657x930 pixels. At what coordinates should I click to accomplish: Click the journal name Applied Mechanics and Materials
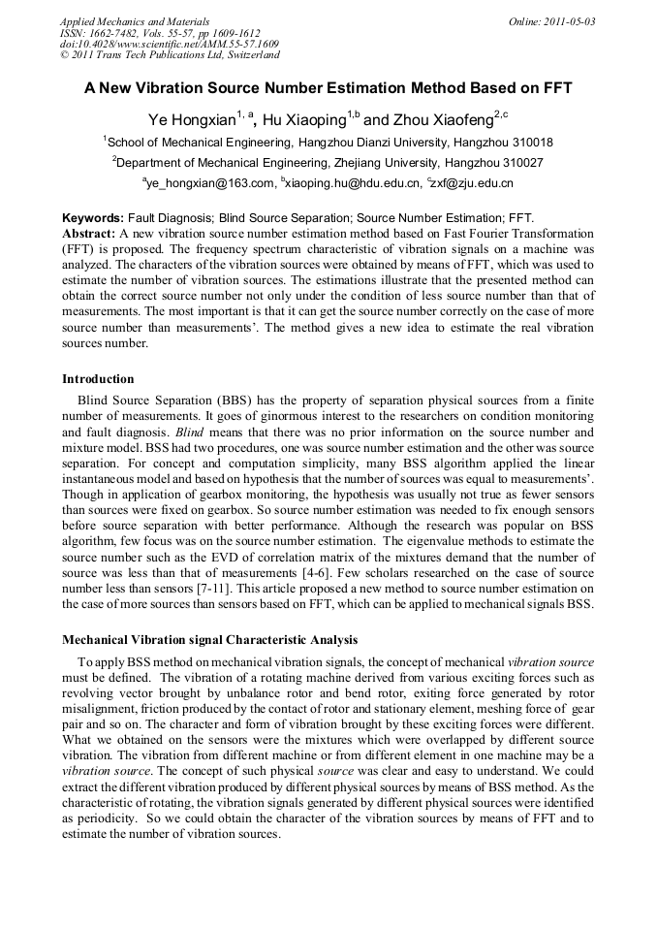pyautogui.click(x=135, y=21)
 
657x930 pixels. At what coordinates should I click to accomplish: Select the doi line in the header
pyautogui.click(x=170, y=44)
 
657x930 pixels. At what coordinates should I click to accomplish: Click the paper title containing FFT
pyautogui.click(x=328, y=87)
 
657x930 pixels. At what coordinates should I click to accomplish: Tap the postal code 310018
pyautogui.click(x=531, y=142)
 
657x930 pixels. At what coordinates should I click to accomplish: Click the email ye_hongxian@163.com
pyautogui.click(x=212, y=182)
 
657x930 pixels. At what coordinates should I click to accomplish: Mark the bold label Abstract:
pyautogui.click(x=89, y=234)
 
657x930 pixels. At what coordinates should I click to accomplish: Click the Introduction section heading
pyautogui.click(x=98, y=378)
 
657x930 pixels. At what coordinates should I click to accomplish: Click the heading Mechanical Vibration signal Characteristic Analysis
pyautogui.click(x=210, y=640)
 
